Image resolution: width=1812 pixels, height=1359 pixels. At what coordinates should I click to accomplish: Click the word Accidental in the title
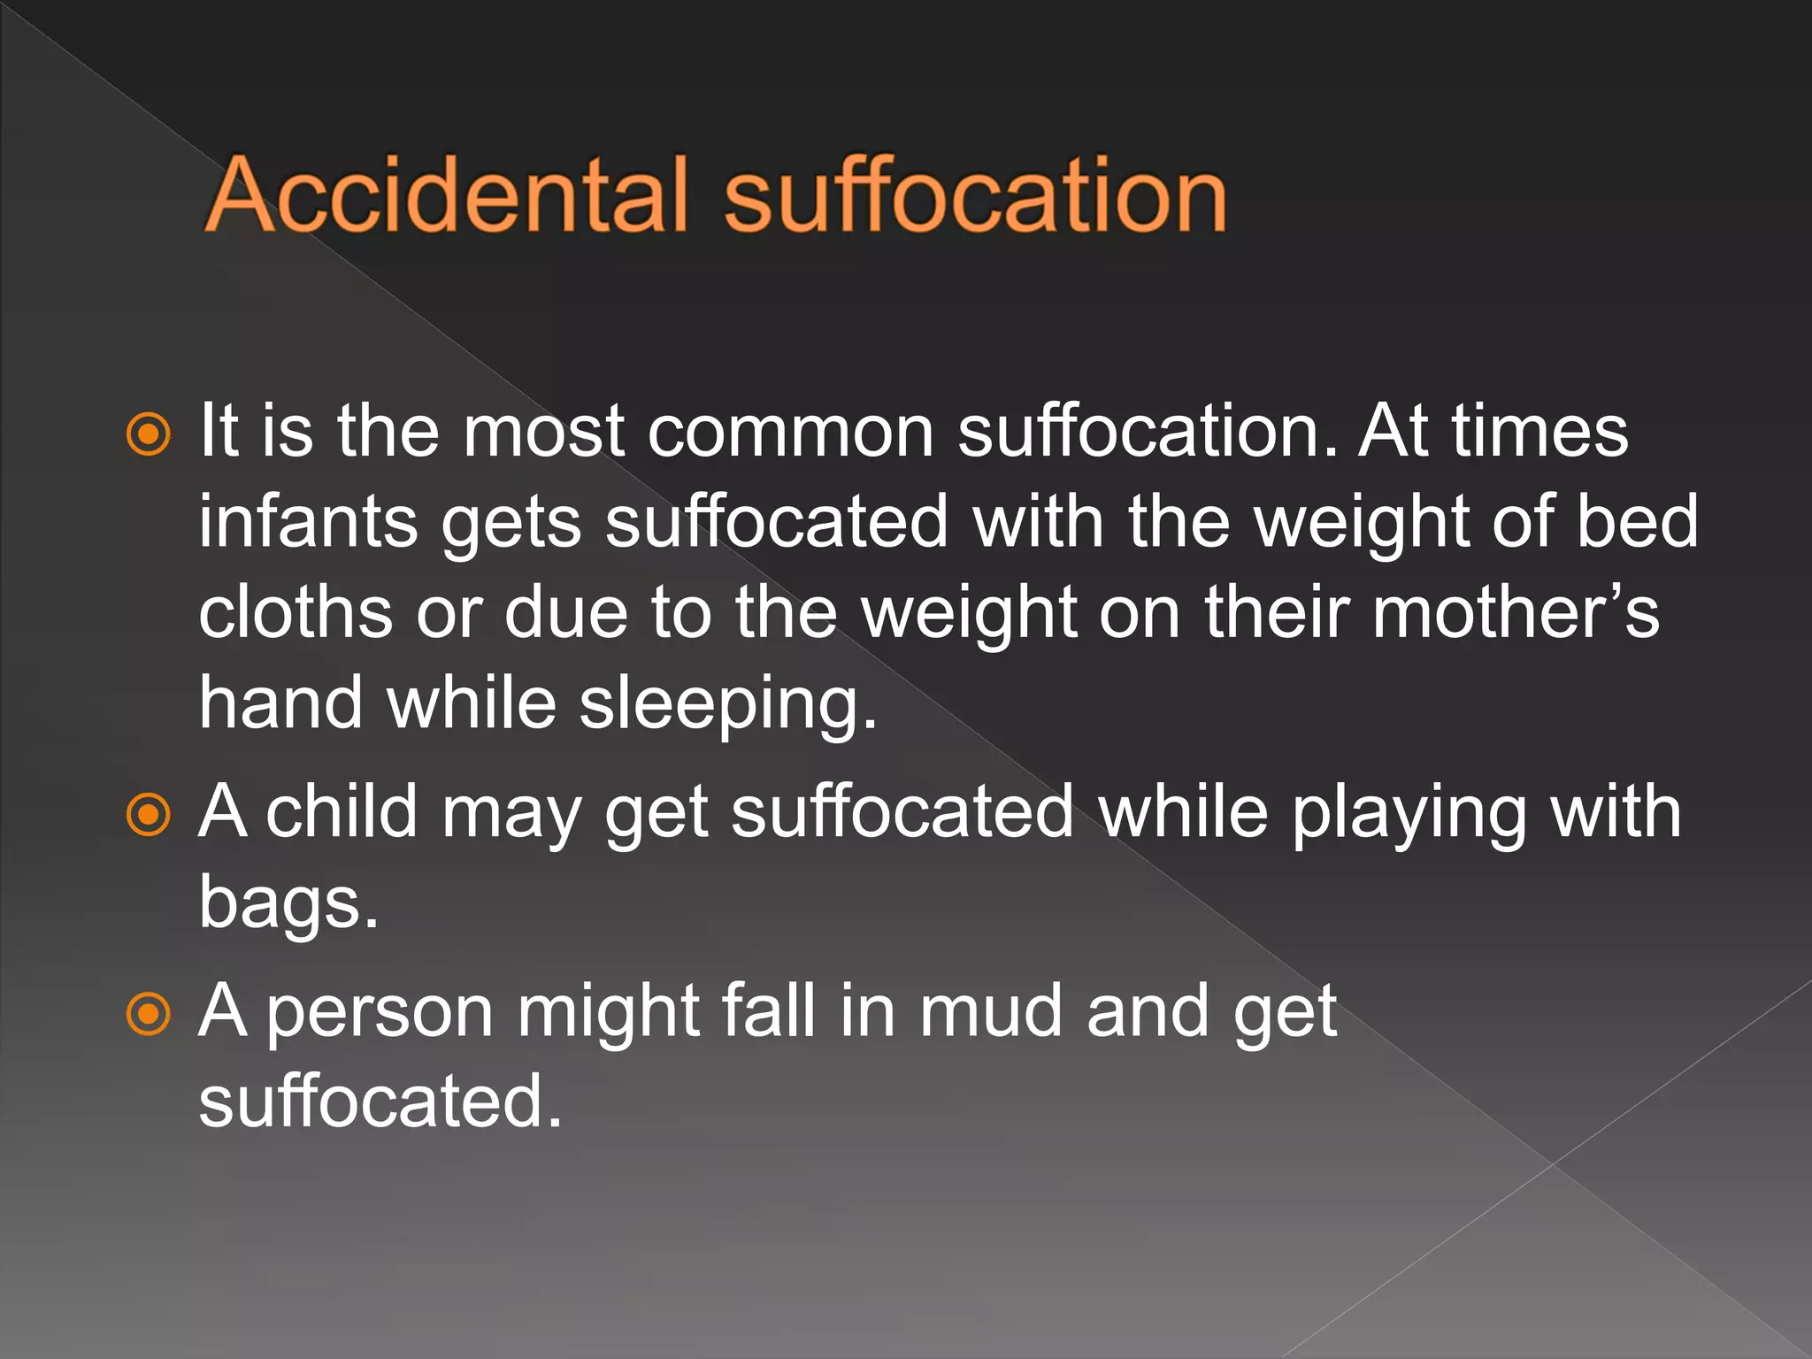click(x=448, y=195)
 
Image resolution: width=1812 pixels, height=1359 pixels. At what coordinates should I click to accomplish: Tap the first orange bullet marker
click(x=148, y=434)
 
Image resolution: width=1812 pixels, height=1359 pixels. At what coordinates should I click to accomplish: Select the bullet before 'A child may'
click(x=148, y=814)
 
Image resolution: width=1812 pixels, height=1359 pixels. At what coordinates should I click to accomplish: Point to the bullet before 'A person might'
click(x=148, y=1013)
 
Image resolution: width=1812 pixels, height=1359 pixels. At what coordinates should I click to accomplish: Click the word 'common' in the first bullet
click(x=791, y=432)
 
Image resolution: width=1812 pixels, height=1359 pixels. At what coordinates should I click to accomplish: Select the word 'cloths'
click(x=296, y=612)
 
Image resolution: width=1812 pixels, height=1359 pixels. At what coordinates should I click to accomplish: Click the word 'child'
click(x=342, y=811)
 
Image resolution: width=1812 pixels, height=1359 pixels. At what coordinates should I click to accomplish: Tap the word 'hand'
click(x=280, y=703)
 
